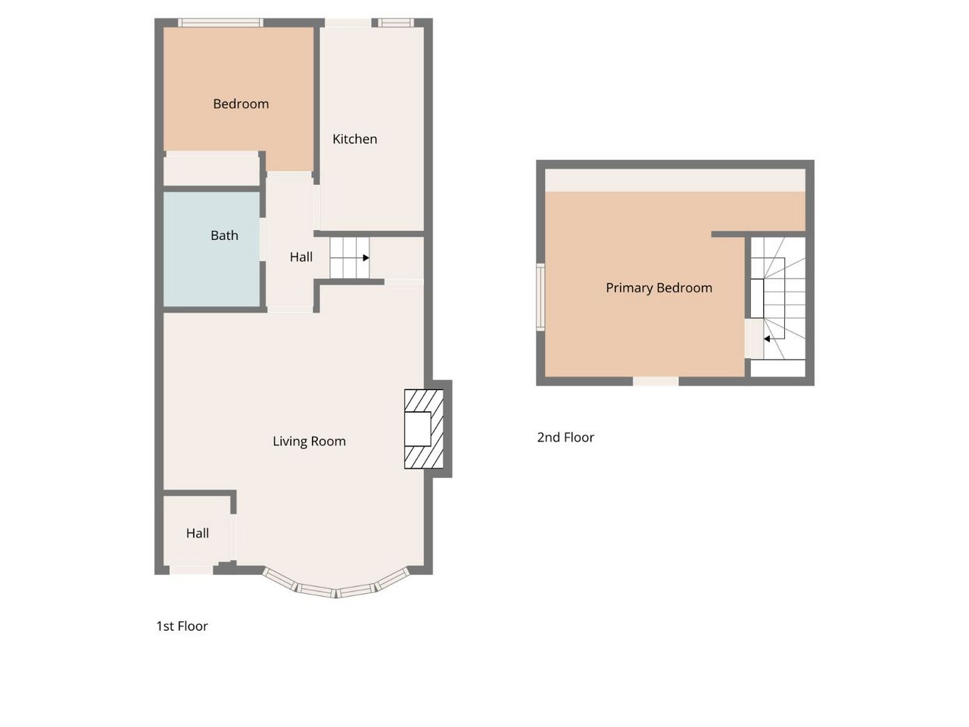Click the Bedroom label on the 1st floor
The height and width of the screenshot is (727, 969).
[241, 105]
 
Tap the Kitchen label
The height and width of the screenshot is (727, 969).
[354, 139]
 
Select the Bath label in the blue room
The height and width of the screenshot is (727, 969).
[224, 236]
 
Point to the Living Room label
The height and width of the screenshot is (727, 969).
[309, 441]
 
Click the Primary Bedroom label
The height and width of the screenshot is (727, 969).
[659, 288]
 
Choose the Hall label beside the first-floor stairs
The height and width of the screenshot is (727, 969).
[301, 257]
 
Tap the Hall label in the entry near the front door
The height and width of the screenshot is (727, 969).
[198, 533]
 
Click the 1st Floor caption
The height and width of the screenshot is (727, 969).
[182, 626]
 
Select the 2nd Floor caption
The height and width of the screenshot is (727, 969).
[566, 437]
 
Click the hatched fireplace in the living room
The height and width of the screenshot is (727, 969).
[424, 429]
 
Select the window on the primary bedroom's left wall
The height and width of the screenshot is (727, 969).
[541, 297]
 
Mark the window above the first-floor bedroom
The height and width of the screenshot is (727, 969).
[220, 23]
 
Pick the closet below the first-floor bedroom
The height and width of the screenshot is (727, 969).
[211, 169]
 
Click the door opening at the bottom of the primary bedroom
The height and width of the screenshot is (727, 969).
[656, 382]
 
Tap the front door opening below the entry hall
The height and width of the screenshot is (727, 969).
[192, 569]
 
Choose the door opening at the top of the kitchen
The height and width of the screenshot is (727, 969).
[348, 23]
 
